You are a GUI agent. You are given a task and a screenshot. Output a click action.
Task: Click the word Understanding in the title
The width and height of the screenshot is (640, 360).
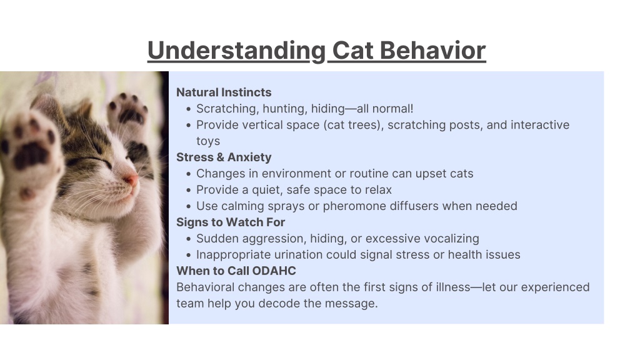(237, 51)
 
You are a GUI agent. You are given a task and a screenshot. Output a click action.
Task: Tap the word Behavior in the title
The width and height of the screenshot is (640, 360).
(432, 50)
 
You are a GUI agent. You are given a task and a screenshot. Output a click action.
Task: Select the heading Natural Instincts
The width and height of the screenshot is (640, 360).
(224, 92)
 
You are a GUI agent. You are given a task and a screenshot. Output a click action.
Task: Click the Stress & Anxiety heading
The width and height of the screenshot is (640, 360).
(224, 157)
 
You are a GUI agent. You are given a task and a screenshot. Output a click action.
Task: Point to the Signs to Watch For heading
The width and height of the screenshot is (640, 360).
(231, 222)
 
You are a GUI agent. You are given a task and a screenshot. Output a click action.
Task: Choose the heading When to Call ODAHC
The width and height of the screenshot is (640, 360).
(236, 271)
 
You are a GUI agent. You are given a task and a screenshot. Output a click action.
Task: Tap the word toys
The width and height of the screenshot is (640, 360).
(208, 141)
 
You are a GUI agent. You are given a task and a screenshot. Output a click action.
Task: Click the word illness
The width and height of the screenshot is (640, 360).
(453, 287)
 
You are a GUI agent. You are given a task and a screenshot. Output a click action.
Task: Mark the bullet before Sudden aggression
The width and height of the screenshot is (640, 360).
(188, 239)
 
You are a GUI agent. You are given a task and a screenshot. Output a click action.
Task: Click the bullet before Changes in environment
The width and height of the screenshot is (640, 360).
(188, 174)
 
